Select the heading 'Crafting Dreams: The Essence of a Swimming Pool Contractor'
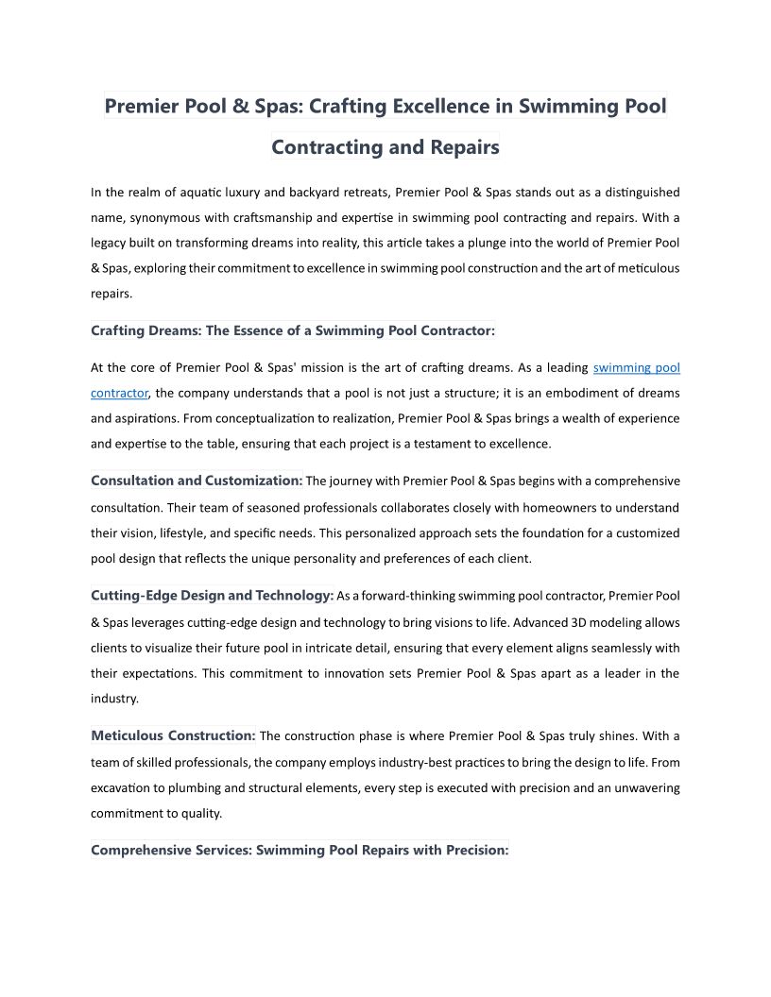tap(292, 330)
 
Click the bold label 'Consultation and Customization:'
tap(197, 481)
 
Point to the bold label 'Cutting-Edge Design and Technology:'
tap(213, 596)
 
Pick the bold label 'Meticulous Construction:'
tap(173, 735)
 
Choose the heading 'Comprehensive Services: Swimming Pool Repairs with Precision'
tap(300, 850)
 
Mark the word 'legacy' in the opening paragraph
tap(110, 243)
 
